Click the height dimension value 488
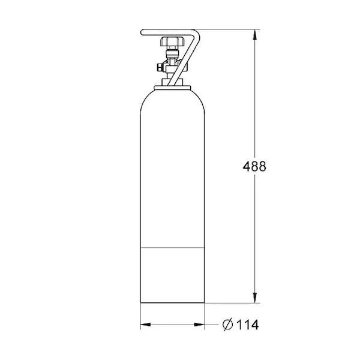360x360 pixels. coord(254,166)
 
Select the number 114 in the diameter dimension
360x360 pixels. coord(247,325)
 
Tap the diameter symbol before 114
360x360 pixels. coord(228,325)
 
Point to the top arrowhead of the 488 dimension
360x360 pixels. coord(255,35)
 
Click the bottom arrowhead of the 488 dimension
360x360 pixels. coord(255,298)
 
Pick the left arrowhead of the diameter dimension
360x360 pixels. coord(146,325)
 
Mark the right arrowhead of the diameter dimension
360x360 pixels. coord(199,325)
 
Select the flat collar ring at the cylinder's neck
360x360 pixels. coord(172,88)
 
